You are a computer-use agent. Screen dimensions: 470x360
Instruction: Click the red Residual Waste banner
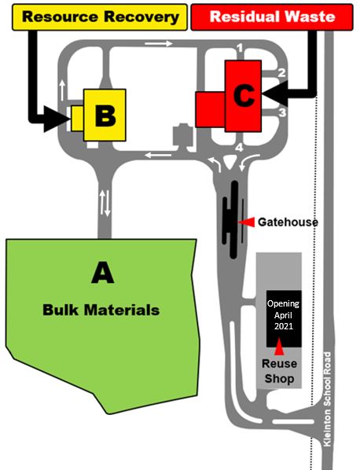[272, 16]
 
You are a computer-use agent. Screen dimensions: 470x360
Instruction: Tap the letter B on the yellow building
[105, 116]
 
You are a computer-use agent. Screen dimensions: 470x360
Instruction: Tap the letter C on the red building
[244, 96]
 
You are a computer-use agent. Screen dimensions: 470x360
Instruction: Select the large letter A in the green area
[102, 273]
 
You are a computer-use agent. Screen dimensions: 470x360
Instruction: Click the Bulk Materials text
[101, 310]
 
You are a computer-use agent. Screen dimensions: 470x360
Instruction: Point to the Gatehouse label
[288, 222]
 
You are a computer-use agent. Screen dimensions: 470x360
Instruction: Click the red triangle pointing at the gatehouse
[247, 222]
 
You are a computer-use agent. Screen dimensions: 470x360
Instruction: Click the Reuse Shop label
[279, 372]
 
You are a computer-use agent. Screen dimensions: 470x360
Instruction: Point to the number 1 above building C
[241, 50]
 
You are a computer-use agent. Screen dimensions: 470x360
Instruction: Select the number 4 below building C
[241, 147]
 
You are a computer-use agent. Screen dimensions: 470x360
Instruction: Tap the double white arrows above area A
[105, 204]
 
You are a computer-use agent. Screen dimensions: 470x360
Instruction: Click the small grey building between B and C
[184, 136]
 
